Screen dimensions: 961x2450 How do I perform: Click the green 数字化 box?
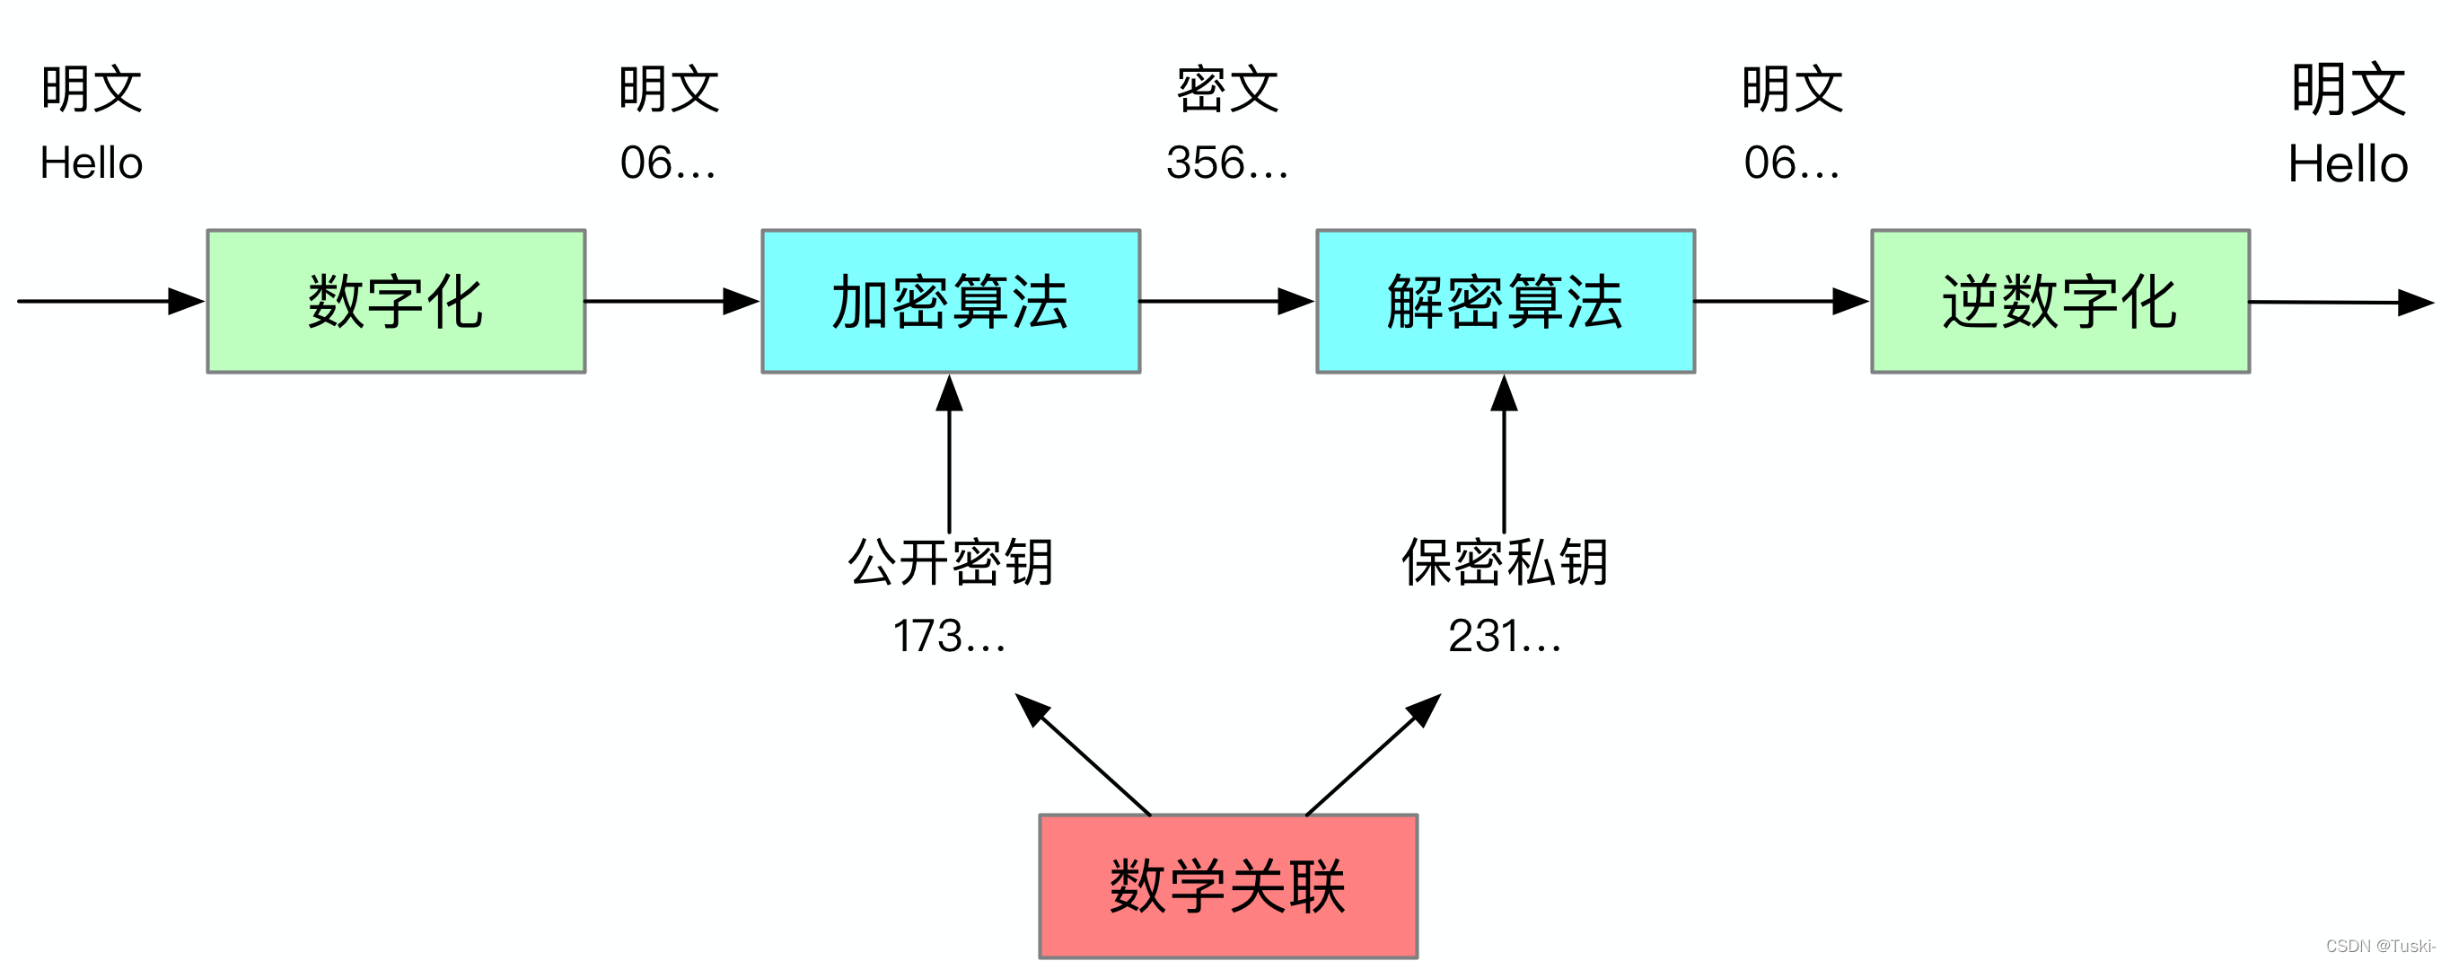click(x=396, y=301)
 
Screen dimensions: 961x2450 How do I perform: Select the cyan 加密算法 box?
click(x=950, y=301)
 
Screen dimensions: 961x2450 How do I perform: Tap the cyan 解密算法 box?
click(x=1505, y=301)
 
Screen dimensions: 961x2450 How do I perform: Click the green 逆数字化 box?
click(x=2060, y=301)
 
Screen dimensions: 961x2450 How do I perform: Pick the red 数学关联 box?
click(x=1228, y=886)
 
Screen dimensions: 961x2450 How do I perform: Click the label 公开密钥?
click(x=950, y=562)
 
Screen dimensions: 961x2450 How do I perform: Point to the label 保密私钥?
click(x=1505, y=562)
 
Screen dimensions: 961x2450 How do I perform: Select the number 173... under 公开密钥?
click(x=948, y=636)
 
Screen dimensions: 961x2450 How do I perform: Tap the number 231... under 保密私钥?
click(x=1504, y=636)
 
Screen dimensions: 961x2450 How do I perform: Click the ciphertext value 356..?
click(x=1226, y=163)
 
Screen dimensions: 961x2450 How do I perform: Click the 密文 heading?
click(x=1227, y=90)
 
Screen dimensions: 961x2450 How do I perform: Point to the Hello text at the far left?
click(x=92, y=163)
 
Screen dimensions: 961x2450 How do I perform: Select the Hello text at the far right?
click(x=2348, y=163)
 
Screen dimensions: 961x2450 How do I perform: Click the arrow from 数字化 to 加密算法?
click(x=672, y=301)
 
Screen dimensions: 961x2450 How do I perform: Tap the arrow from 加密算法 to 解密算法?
click(x=1226, y=301)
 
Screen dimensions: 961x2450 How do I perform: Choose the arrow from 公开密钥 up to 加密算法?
click(x=949, y=457)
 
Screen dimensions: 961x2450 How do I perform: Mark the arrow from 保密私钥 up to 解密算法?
click(x=1504, y=457)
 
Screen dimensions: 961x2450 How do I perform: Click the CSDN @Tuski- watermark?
click(x=2380, y=946)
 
